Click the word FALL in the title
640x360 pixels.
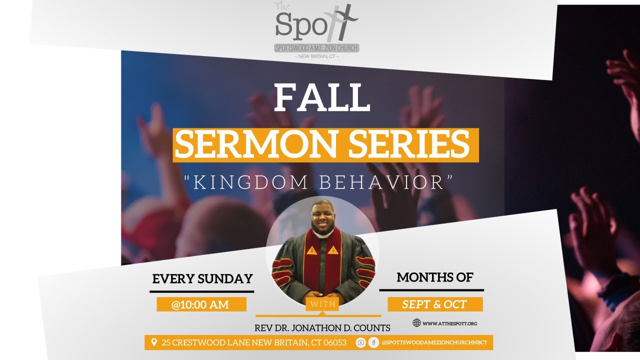(x=321, y=98)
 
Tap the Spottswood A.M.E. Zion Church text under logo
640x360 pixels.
(x=316, y=48)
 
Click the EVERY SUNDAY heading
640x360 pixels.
(x=202, y=279)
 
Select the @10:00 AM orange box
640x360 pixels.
(x=201, y=304)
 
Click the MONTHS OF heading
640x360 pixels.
(x=434, y=277)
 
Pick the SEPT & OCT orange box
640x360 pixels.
(x=434, y=304)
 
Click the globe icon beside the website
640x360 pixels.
(x=416, y=323)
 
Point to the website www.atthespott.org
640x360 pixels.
(x=450, y=323)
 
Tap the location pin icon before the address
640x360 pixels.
(x=154, y=343)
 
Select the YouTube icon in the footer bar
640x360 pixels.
(x=360, y=343)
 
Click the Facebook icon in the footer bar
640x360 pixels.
(x=373, y=343)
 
